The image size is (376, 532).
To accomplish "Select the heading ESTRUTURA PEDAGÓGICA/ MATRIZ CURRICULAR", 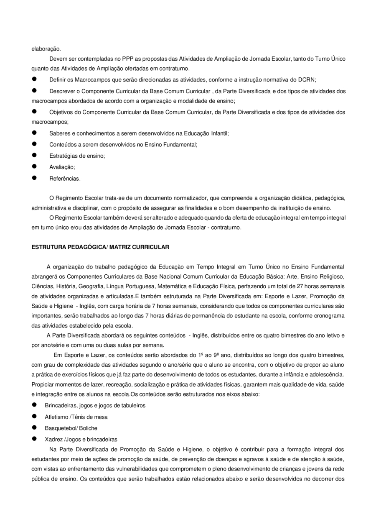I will click(x=100, y=247).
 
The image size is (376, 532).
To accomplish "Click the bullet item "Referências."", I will click(x=65, y=179).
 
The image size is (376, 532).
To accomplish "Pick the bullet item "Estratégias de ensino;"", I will click(x=77, y=156).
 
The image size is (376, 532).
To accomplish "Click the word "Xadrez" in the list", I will click(x=53, y=440).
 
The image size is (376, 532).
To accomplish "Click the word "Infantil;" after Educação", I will click(x=219, y=133).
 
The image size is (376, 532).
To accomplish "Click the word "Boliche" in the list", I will click(x=89, y=428).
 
